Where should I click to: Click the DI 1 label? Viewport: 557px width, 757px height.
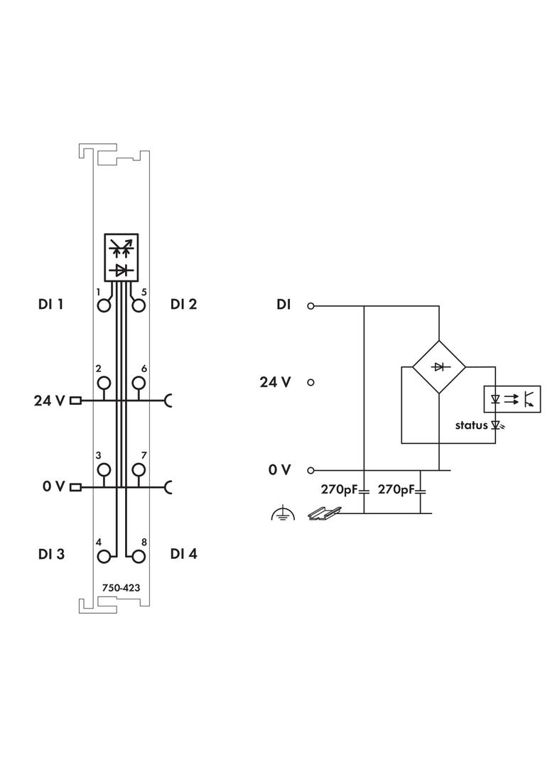[x=51, y=305]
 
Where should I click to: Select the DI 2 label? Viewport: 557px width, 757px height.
[x=183, y=305]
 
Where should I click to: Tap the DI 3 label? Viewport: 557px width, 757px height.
[x=51, y=554]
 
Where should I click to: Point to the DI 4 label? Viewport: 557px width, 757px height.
[x=183, y=554]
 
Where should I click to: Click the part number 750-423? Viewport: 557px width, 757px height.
[x=121, y=587]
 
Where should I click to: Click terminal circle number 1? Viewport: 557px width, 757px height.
[x=104, y=305]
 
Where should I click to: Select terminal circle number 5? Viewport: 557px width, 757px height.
[x=139, y=305]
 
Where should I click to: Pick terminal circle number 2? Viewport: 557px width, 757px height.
[x=104, y=383]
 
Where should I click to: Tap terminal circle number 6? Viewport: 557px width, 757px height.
[x=139, y=383]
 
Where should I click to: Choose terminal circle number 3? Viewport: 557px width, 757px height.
[x=104, y=469]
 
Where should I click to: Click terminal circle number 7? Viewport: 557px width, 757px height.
[x=139, y=469]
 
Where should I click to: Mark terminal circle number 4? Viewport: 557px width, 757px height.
[x=104, y=556]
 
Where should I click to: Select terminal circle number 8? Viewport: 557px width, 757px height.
[x=139, y=556]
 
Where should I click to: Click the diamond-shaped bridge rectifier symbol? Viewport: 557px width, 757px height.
[x=439, y=367]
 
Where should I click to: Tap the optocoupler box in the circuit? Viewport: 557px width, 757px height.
[x=512, y=399]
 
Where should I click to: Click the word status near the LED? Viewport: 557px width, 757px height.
[x=472, y=425]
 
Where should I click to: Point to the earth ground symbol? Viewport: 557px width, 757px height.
[x=283, y=513]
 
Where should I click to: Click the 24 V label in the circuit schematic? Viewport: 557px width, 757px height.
[x=275, y=382]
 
